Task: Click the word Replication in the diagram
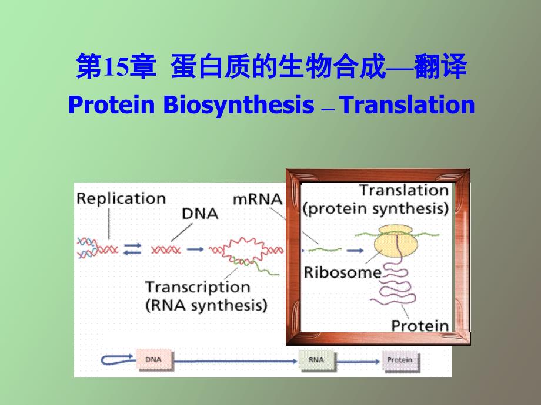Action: (121, 199)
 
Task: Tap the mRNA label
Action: (258, 200)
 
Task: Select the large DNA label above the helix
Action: (200, 214)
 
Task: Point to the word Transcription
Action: (198, 287)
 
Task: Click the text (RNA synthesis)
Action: (206, 305)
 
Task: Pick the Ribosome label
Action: (343, 272)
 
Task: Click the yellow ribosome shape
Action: (396, 241)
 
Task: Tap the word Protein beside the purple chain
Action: (420, 325)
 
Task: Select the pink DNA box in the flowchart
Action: (154, 360)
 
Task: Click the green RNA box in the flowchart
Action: (316, 360)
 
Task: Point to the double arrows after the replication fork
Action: (133, 249)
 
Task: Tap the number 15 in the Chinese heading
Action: (116, 66)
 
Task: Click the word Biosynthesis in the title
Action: (238, 105)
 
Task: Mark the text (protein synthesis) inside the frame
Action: (376, 209)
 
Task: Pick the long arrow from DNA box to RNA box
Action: (235, 361)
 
